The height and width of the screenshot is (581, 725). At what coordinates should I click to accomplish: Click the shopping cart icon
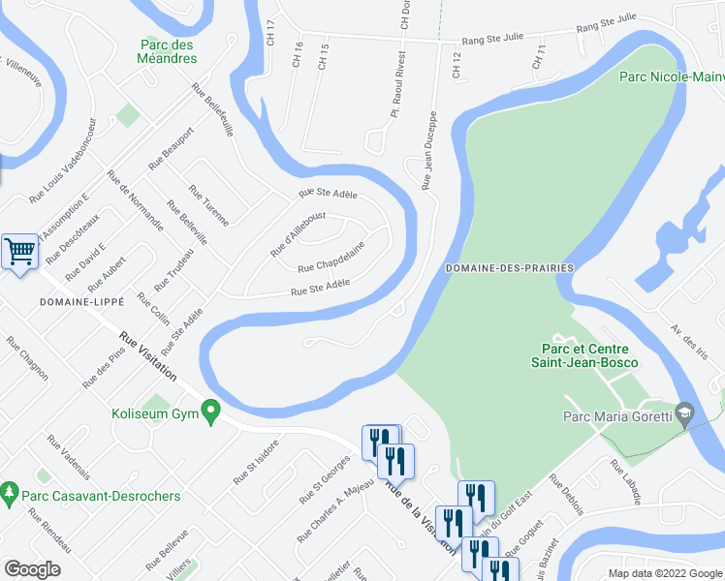click(x=19, y=252)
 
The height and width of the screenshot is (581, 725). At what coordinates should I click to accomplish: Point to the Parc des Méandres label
click(x=168, y=51)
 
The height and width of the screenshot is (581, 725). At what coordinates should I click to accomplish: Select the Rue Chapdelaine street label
click(x=331, y=257)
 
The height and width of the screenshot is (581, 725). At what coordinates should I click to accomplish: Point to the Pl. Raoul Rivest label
click(x=396, y=98)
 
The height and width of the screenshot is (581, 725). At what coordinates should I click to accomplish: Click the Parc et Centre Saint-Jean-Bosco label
click(x=584, y=355)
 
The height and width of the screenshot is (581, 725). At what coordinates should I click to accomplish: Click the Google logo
click(x=32, y=568)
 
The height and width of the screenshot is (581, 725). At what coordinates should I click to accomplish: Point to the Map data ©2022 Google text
click(x=665, y=573)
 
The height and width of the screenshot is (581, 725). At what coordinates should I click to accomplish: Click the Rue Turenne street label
click(x=208, y=205)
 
